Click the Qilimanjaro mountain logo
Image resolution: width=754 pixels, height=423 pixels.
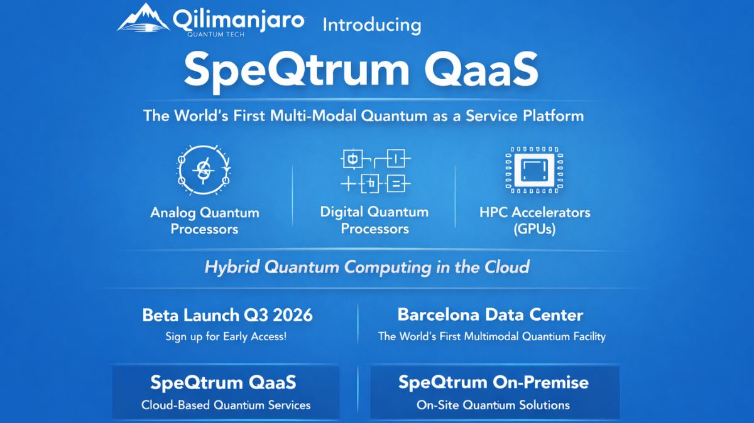143,18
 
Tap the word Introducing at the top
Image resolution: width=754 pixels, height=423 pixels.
371,25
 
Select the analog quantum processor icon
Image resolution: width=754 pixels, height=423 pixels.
203,170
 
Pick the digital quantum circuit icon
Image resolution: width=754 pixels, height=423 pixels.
375,170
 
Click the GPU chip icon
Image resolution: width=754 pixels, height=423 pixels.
535,170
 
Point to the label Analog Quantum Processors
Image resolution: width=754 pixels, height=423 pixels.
204,220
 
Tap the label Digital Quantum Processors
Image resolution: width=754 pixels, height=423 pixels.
374,220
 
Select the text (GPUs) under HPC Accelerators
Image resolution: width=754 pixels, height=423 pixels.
535,229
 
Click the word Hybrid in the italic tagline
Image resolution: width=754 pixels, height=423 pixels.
232,267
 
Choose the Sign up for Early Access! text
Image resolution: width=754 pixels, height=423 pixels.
226,336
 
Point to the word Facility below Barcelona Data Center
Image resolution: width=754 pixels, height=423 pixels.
585,336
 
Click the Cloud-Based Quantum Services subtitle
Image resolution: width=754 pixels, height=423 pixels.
226,405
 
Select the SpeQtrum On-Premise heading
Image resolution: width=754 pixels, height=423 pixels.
493,382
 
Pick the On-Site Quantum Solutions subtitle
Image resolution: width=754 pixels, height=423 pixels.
493,405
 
